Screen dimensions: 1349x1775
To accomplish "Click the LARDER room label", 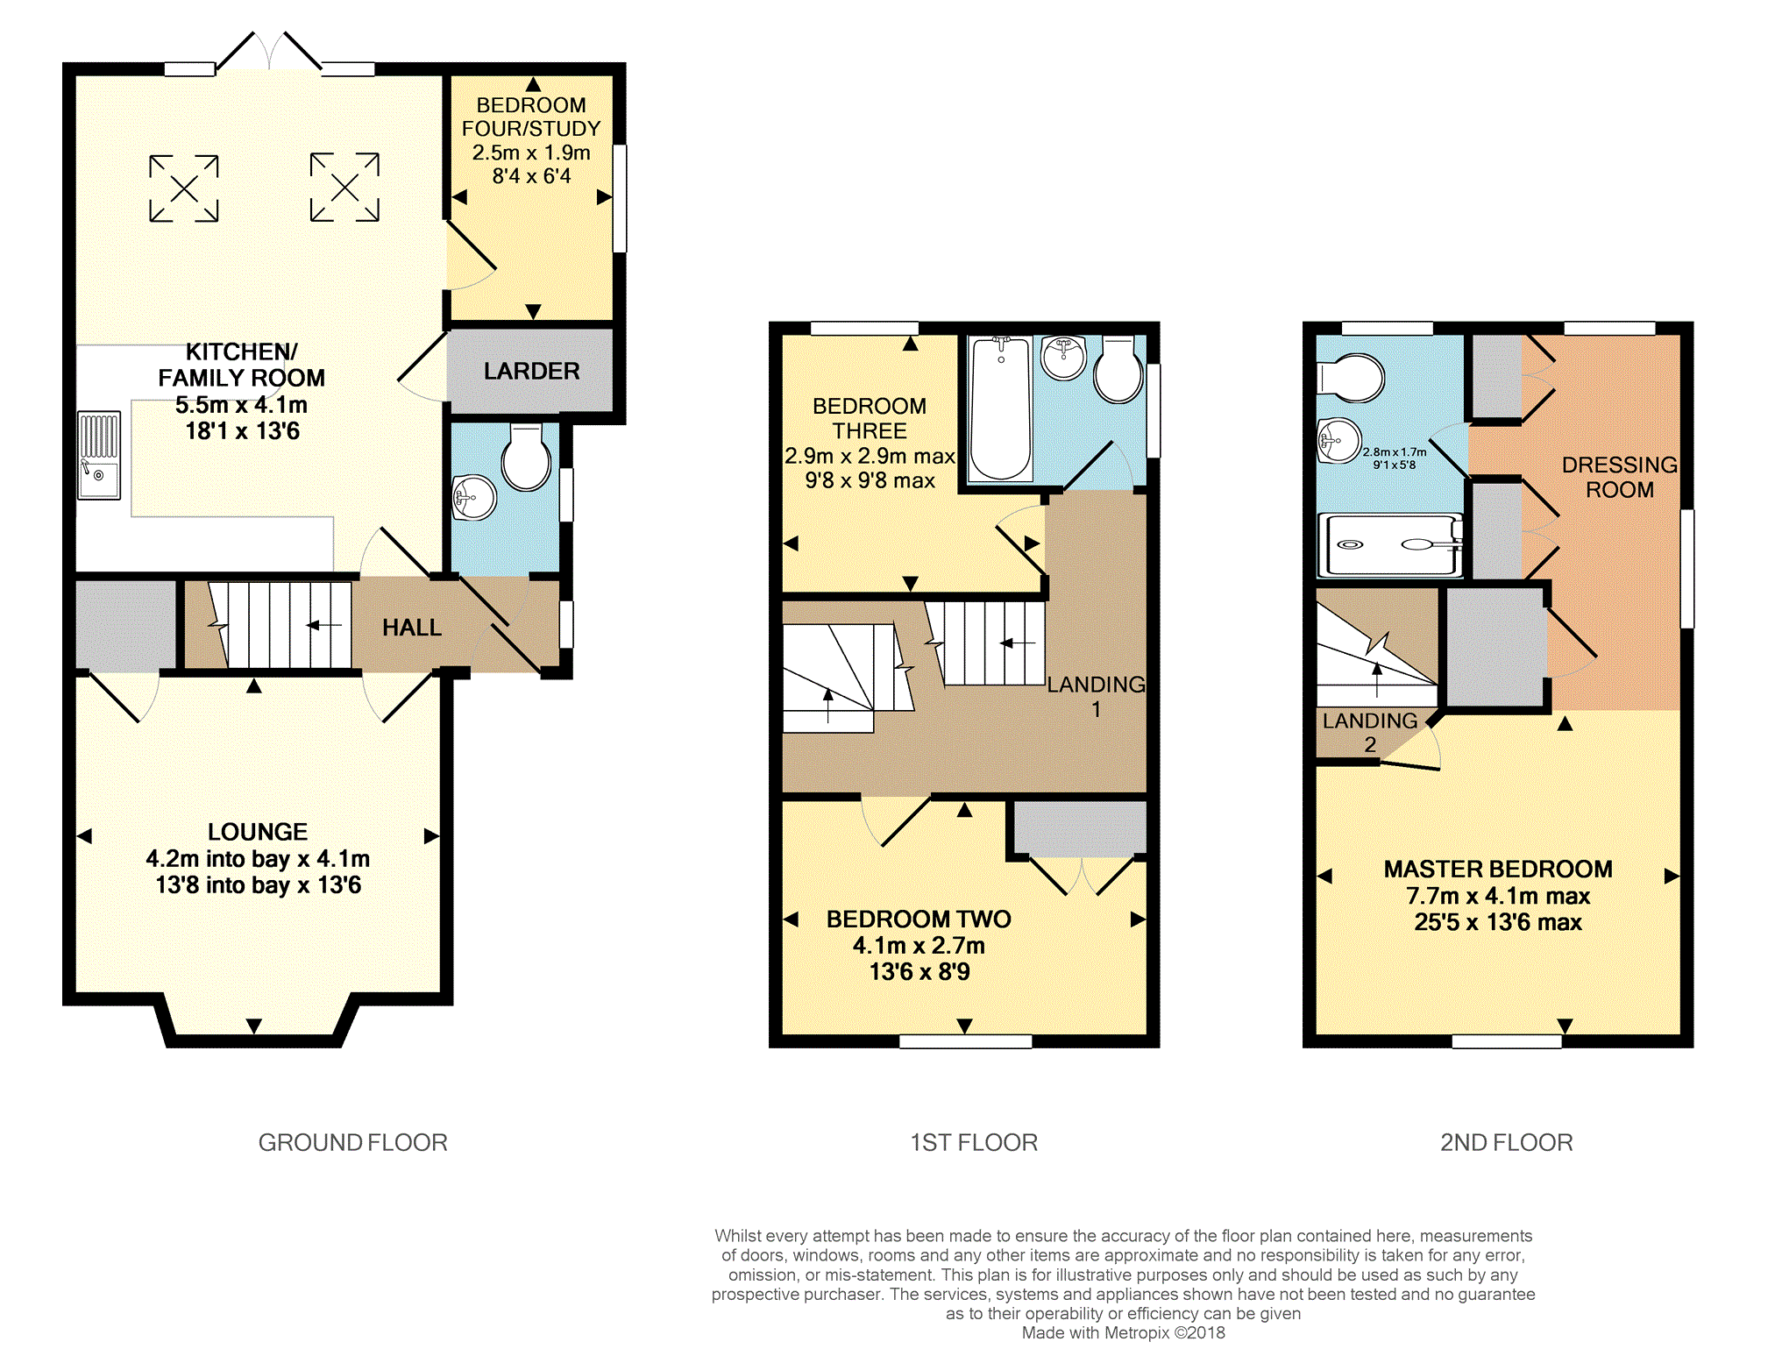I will pos(531,372).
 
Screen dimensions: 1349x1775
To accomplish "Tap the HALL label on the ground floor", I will pos(411,628).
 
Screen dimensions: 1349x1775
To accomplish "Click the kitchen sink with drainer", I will pos(99,455).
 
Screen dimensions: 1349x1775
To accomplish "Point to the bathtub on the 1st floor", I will pos(1000,408).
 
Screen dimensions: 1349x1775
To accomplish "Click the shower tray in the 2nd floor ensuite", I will pos(1390,545).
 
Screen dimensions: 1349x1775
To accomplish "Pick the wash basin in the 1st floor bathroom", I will pos(1063,358).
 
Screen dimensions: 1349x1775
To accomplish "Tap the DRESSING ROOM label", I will pos(1619,477).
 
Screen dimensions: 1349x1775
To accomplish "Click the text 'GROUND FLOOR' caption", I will pos(352,1142).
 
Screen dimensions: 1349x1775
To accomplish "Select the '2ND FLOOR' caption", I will pos(1506,1142).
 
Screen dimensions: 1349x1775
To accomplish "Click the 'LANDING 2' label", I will pos(1369,732).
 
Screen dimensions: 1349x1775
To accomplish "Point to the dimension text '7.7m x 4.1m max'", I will pos(1497,896).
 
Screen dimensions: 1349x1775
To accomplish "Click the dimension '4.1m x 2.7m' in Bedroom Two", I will pos(919,945).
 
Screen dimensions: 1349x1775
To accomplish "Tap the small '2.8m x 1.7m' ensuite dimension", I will pos(1394,452).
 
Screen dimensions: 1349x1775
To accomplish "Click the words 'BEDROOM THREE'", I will pos(869,418).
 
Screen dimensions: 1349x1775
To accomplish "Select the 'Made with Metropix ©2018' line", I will pos(1123,1332).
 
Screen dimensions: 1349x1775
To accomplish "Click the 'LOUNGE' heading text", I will pos(257,831).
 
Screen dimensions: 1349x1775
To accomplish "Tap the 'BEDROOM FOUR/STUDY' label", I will pos(530,117).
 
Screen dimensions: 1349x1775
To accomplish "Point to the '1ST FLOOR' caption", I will pos(973,1142).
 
